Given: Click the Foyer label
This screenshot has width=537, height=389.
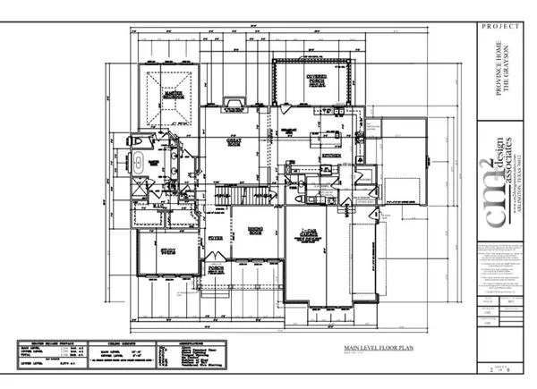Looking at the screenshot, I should coord(216,239).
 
